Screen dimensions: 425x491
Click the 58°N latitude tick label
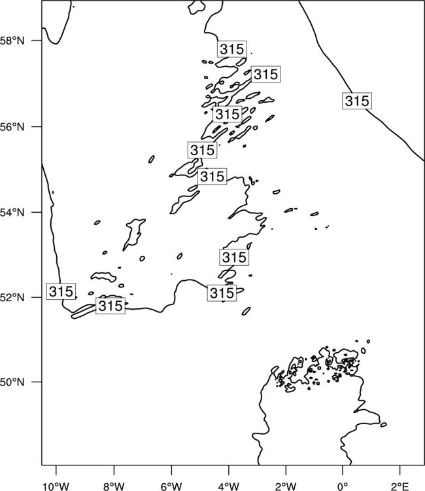(x=12, y=41)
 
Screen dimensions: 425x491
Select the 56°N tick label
(x=12, y=127)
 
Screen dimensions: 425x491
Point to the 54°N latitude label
(x=12, y=213)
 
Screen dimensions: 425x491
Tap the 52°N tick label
(x=12, y=297)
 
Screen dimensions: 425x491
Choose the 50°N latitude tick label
(x=12, y=382)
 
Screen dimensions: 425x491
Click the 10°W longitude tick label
(x=56, y=486)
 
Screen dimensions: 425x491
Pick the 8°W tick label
(x=114, y=486)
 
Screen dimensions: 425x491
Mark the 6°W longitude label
(x=171, y=486)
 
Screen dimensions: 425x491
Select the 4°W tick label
(x=229, y=486)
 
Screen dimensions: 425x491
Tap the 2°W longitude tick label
(x=286, y=486)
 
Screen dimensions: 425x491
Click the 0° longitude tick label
(x=343, y=486)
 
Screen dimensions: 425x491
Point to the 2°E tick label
(x=400, y=486)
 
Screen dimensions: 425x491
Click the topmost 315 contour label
(x=232, y=49)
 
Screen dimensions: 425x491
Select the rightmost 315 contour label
(x=357, y=101)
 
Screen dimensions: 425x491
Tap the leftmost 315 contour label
(x=61, y=291)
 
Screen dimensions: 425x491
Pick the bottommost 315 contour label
(x=110, y=306)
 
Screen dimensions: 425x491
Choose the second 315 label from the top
(x=266, y=74)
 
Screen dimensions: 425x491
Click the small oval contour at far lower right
(x=383, y=425)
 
